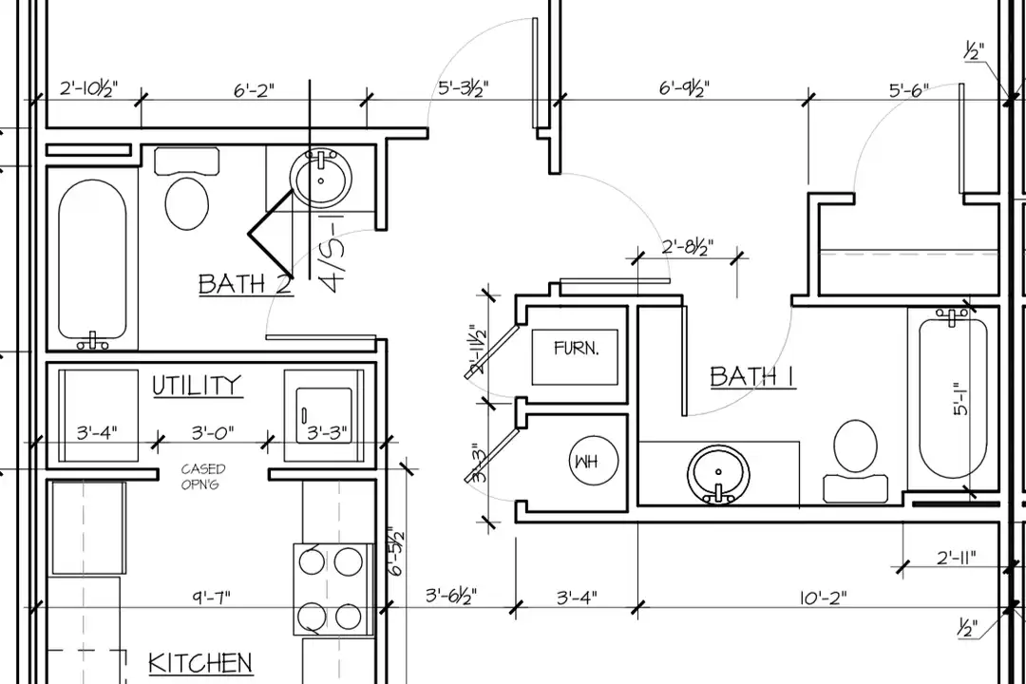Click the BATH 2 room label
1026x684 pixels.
tap(245, 284)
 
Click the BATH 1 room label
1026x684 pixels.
tap(752, 376)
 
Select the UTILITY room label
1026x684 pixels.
tap(197, 385)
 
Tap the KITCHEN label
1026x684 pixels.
tap(200, 663)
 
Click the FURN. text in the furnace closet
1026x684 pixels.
tap(576, 348)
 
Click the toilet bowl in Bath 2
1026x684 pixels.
tap(187, 203)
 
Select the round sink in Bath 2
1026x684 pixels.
tap(321, 178)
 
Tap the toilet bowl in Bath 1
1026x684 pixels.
tap(856, 446)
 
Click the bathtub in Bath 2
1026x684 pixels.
tap(92, 260)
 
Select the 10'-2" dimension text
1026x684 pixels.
tap(823, 597)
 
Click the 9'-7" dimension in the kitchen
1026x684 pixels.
tap(211, 597)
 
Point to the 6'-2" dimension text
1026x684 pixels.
tap(254, 89)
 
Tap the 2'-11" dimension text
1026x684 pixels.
tap(956, 558)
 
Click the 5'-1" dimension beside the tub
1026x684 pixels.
tap(960, 399)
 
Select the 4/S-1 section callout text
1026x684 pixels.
tap(332, 253)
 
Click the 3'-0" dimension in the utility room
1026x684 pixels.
tap(213, 432)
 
